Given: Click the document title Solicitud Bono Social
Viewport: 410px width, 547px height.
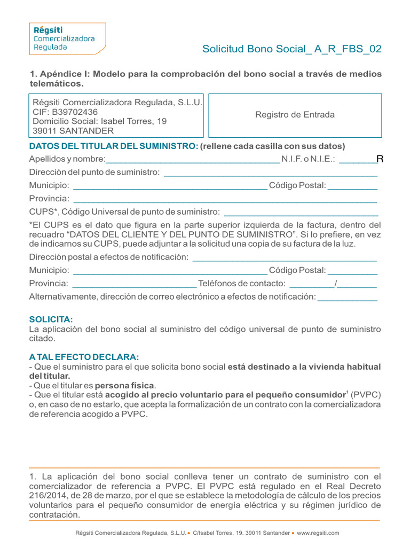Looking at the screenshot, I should coord(291,50).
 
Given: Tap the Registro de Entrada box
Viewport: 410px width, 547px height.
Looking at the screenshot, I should coord(295,115).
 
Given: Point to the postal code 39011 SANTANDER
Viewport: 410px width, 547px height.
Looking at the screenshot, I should coord(73,131).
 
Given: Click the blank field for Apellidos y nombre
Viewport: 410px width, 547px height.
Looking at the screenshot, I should coord(192,160).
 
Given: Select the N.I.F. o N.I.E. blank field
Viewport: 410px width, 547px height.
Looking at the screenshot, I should coord(357,160).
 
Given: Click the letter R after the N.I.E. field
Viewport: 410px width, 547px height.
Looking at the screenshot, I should coord(380,159).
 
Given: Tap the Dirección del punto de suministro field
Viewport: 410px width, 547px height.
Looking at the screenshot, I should coord(270,173).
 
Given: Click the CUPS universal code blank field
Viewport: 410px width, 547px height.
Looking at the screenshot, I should coord(301,213).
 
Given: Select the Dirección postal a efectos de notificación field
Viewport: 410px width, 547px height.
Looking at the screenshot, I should coord(284,258).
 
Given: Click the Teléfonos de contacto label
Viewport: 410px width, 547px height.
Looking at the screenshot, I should coord(242,284).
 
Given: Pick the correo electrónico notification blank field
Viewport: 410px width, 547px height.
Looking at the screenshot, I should coord(347,297).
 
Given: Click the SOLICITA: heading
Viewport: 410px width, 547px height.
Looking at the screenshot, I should coord(51,319).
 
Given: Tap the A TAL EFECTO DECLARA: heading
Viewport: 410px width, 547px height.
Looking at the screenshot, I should coord(84,357).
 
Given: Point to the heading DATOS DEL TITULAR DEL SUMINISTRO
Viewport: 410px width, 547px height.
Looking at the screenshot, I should coord(114,146).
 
